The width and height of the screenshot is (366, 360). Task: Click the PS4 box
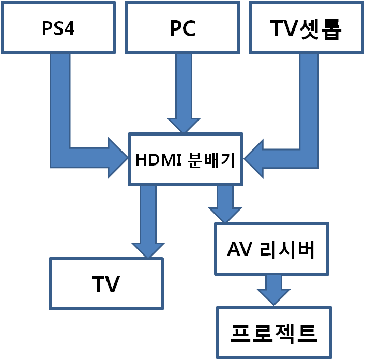click(58, 27)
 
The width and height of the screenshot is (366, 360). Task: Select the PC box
click(182, 27)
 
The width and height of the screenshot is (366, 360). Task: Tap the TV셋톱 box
click(306, 27)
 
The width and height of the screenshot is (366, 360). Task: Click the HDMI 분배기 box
click(186, 159)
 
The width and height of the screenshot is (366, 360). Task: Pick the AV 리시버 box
click(271, 249)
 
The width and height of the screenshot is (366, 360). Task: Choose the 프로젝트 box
click(274, 333)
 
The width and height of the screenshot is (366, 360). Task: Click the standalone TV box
click(106, 284)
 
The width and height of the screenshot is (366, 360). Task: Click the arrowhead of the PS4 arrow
click(117, 158)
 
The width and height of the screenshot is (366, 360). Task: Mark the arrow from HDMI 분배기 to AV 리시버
click(225, 203)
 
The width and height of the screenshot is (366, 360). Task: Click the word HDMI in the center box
click(155, 160)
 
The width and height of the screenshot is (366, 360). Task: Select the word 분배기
click(210, 160)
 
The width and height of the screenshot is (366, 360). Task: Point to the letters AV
click(239, 249)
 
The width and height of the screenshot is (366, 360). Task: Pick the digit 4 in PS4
click(69, 28)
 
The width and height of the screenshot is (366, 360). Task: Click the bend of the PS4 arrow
click(60, 157)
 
